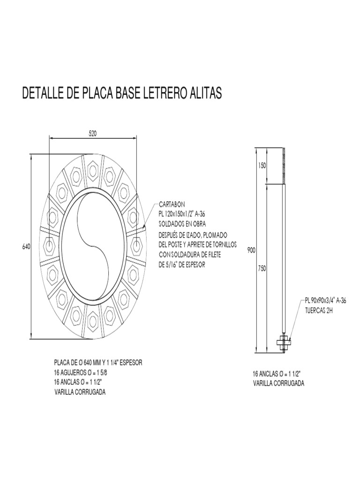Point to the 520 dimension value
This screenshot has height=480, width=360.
coord(93,133)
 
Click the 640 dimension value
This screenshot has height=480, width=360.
coord(26,247)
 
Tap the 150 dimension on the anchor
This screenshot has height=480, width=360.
coord(261,166)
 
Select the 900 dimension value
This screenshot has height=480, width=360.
coord(251,251)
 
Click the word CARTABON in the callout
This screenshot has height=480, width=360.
coord(172,205)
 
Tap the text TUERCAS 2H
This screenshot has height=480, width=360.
coord(318,310)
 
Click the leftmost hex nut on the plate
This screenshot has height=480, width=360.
coord(49,245)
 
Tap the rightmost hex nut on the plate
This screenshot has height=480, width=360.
coord(136,245)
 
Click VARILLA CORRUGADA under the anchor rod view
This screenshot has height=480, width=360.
coord(278,383)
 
